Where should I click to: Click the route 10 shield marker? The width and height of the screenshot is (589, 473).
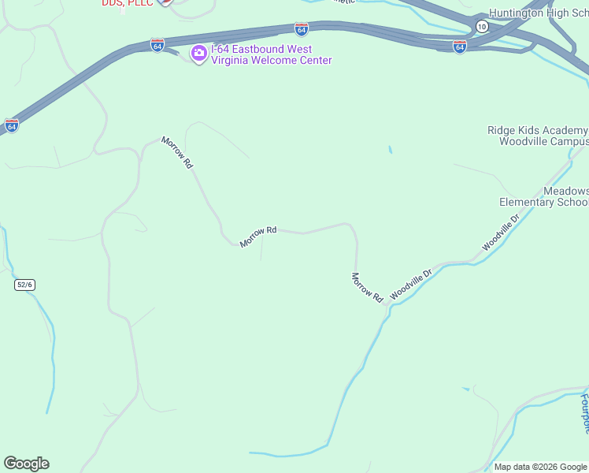[x=481, y=27]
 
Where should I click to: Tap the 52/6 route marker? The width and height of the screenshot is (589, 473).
[x=24, y=285]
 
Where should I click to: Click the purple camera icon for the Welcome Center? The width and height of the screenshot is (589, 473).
[x=199, y=54]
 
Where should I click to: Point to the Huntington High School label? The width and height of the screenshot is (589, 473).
[x=539, y=13]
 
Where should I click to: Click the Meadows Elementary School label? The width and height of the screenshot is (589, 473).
[x=545, y=197]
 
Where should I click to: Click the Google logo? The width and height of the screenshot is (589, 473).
[x=26, y=464]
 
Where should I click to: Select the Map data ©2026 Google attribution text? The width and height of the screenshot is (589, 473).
[x=541, y=467]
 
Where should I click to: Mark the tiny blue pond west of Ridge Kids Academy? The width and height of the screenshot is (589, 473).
[x=390, y=149]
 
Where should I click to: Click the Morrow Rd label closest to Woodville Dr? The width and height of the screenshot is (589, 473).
[x=366, y=288]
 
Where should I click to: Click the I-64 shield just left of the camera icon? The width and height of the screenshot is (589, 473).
[x=158, y=45]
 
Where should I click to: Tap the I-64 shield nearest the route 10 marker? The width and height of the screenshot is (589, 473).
[x=460, y=47]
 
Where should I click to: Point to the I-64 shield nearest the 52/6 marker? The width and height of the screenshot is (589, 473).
[x=11, y=125]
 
